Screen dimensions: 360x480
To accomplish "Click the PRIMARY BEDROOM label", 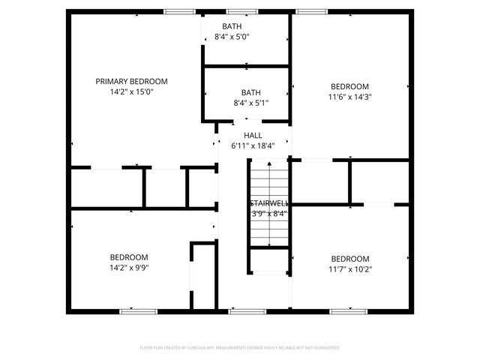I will (131, 81).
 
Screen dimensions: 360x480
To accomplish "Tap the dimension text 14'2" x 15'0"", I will (131, 92).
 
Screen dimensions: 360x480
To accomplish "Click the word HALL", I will (253, 135).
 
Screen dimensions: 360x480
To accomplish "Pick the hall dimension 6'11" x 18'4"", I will (253, 146).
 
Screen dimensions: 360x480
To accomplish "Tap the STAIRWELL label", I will (268, 203).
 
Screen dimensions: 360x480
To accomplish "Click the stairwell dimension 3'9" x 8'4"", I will (268, 214).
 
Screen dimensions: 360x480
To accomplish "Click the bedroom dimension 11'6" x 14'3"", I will (350, 97).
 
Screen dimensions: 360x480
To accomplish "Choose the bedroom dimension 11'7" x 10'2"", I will (350, 269).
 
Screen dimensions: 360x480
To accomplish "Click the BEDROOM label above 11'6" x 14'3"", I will (350, 85).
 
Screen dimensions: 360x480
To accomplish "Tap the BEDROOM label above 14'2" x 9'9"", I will (129, 257).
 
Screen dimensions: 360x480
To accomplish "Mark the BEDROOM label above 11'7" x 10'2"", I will (350, 258).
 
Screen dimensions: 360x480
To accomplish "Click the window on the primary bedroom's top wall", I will (177, 11).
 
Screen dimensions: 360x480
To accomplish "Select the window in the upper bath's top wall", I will (239, 11).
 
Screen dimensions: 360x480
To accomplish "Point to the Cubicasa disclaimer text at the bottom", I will (240, 348).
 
